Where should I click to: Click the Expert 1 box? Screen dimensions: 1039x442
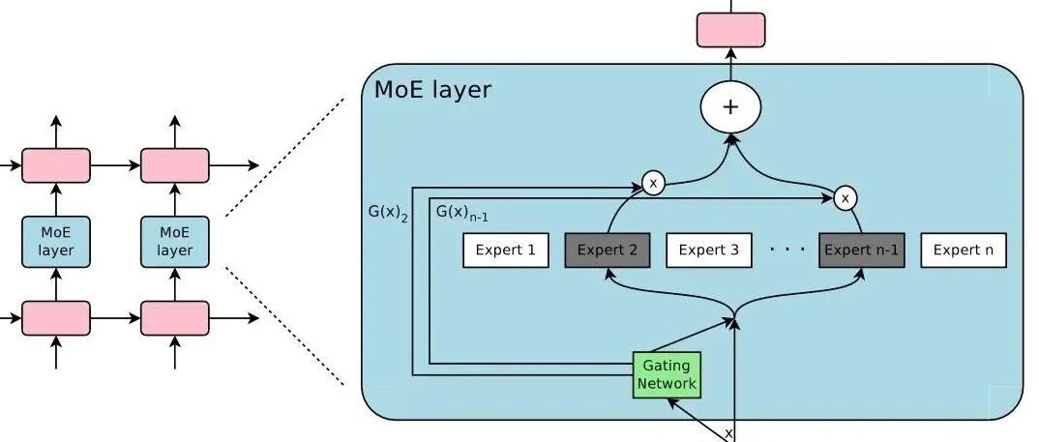[506, 250]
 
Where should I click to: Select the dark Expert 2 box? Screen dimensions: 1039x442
[607, 250]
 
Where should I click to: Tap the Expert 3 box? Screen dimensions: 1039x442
[709, 250]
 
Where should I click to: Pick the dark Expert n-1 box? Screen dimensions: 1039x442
[861, 250]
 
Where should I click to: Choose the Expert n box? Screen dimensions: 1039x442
[964, 250]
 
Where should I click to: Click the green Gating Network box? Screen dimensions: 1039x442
[667, 374]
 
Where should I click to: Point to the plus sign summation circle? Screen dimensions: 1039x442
[730, 107]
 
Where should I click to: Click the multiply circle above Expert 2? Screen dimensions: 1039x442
[653, 184]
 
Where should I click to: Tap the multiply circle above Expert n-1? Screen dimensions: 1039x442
[845, 198]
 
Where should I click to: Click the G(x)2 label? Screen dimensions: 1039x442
[388, 214]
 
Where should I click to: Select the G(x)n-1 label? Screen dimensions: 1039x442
[462, 213]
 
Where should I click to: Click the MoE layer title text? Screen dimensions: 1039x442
[432, 90]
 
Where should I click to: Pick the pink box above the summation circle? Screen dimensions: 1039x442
[730, 30]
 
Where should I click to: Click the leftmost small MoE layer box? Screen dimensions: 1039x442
[56, 242]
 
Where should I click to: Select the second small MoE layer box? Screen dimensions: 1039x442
[175, 242]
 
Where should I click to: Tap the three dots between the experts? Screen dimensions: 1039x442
[787, 250]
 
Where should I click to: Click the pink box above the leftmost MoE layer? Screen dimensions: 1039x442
[56, 165]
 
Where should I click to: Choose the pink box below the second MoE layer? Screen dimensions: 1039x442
[175, 318]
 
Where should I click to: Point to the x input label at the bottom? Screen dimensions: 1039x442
[728, 433]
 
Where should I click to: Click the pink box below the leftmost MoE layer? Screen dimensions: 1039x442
[56, 318]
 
